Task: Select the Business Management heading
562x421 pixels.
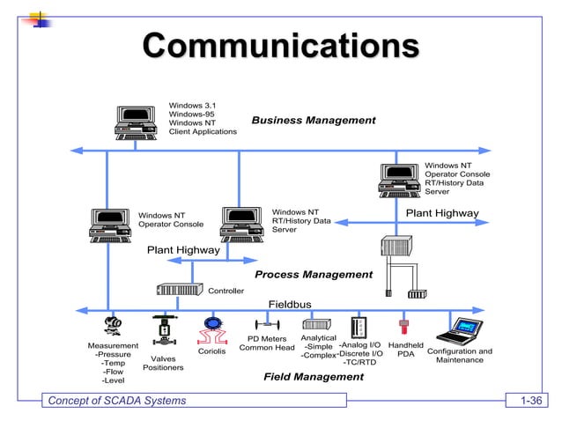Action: (314, 120)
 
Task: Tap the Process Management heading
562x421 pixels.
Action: (314, 275)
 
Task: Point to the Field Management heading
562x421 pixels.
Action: (314, 377)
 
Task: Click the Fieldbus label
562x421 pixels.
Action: (290, 305)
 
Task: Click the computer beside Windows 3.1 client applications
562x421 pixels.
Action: (137, 122)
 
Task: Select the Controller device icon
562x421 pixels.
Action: (180, 290)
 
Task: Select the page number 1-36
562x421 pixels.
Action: (531, 402)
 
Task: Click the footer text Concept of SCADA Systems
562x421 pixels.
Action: (117, 402)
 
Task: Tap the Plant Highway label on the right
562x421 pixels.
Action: (441, 213)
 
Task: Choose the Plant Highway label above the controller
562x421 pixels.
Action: (183, 250)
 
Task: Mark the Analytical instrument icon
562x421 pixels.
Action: (317, 324)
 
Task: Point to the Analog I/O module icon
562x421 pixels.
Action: (359, 328)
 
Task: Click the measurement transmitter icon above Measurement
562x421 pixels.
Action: (112, 327)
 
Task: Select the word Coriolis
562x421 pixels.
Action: (211, 351)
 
